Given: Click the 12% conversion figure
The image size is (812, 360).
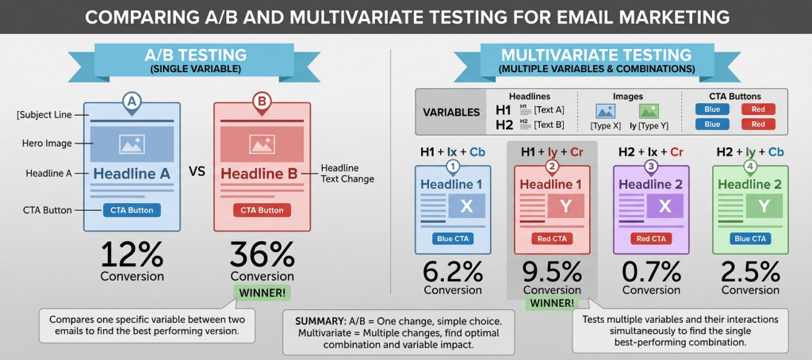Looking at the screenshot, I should click(132, 255).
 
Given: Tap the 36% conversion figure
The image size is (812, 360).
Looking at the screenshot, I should click(262, 255).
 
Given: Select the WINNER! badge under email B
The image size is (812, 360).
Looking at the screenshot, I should click(262, 293).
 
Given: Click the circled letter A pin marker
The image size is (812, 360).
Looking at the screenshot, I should click(132, 102).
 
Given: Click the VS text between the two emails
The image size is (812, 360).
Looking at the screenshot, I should click(197, 172).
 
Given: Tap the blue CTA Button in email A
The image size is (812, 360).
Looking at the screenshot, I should click(132, 210).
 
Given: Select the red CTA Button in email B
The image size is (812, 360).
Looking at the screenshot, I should click(262, 210).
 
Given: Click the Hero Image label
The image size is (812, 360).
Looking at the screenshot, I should click(48, 144).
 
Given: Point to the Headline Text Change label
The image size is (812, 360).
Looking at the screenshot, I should click(347, 174).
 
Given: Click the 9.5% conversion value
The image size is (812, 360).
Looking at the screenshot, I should click(552, 273).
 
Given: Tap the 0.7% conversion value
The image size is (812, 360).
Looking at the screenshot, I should click(651, 273).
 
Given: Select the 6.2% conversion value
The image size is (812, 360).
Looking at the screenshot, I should click(453, 273).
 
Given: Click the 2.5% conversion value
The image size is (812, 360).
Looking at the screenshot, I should click(750, 273).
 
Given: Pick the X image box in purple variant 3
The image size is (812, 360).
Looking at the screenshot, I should click(665, 206).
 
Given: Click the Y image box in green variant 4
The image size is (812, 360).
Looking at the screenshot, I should click(764, 206).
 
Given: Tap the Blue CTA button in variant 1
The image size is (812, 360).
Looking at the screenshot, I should click(452, 238).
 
